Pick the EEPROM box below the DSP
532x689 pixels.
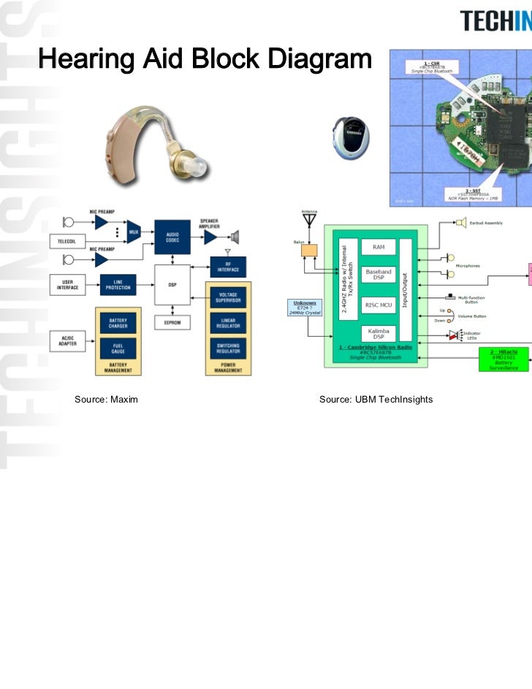coord(172,322)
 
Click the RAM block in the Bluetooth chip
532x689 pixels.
coord(379,247)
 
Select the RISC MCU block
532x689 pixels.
coord(379,305)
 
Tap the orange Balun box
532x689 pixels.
coord(310,250)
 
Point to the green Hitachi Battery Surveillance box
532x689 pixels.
coord(504,359)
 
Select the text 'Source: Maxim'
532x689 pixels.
coord(106,399)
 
